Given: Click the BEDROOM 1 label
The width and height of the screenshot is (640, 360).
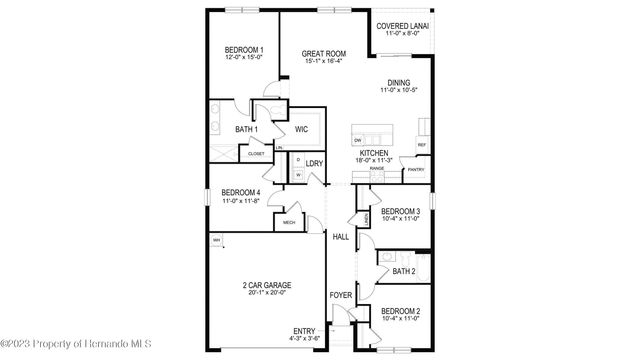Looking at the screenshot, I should click(244, 50).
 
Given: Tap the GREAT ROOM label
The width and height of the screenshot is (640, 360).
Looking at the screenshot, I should click(325, 54).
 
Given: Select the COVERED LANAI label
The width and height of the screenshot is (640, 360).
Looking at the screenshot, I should click(404, 26).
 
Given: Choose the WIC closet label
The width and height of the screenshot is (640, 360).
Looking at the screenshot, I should click(300, 129).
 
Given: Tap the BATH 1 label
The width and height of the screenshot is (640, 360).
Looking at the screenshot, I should click(247, 130).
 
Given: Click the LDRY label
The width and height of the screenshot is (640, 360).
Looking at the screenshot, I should click(314, 163).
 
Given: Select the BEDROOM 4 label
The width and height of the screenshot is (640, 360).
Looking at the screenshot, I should click(241, 192).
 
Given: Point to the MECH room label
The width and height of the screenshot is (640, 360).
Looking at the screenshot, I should click(289, 222).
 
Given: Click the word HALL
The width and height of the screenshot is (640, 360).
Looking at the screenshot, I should click(341, 237).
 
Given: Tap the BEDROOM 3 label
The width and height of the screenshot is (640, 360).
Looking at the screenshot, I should click(400, 211).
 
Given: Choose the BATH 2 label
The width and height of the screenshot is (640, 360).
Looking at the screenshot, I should click(403, 271).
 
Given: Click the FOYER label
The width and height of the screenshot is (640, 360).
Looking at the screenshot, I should click(341, 296).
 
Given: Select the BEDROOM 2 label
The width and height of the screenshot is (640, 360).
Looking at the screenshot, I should click(400, 310).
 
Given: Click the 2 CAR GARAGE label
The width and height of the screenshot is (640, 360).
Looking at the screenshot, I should click(265, 285).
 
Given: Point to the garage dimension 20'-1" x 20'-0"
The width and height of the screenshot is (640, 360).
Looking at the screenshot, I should click(265, 293).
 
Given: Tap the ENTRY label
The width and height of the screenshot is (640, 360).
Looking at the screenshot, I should click(304, 331).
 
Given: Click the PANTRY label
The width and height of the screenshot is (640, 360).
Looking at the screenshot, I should click(415, 170).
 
